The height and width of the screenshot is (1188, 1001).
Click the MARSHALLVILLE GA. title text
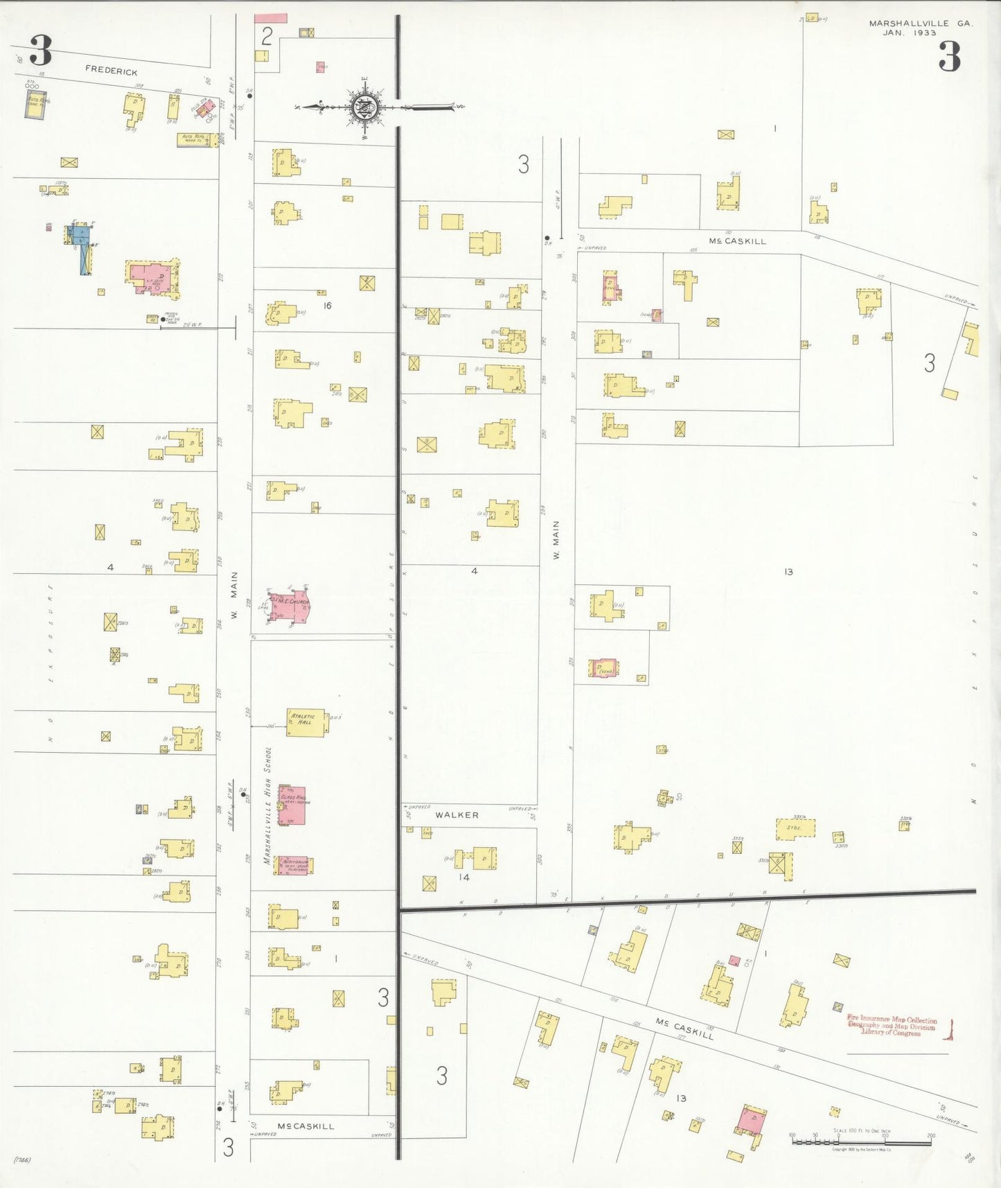(x=921, y=23)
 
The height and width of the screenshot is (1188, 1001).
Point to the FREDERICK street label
(x=112, y=70)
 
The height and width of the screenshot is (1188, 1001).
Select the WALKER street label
(x=457, y=815)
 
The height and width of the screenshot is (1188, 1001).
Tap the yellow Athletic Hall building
(x=305, y=722)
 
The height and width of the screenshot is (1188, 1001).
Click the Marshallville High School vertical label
(x=267, y=805)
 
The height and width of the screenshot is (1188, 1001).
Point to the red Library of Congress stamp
(x=892, y=1025)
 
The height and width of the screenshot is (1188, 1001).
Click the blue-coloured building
(x=82, y=246)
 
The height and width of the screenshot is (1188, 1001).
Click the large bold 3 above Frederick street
(x=41, y=50)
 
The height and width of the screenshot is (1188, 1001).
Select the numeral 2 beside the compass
(x=267, y=36)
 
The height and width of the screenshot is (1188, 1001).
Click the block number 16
(x=328, y=305)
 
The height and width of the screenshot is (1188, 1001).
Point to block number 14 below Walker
(x=463, y=877)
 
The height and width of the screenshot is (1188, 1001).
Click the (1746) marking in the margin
(x=21, y=1159)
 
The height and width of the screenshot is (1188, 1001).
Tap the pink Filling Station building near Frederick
(x=204, y=107)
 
